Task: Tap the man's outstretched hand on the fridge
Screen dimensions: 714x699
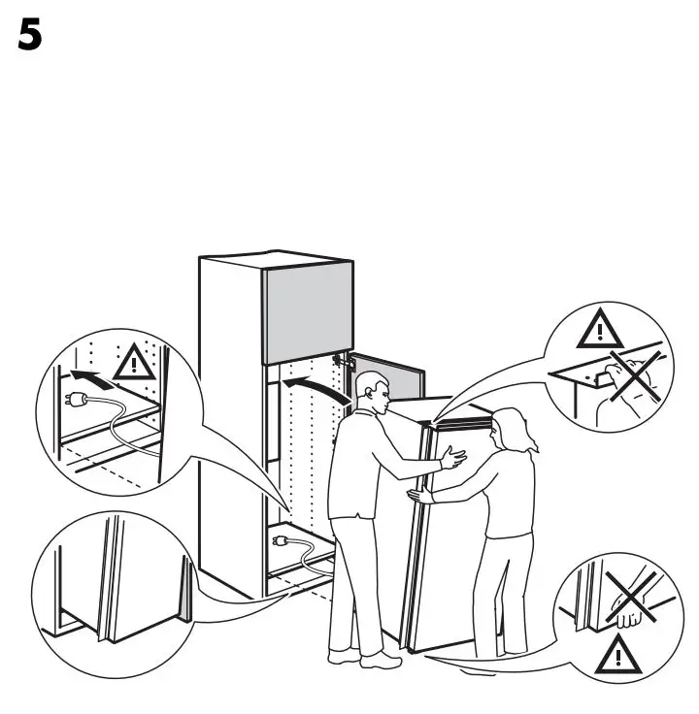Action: pos(452,457)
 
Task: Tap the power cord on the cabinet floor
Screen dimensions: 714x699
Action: pos(306,557)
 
